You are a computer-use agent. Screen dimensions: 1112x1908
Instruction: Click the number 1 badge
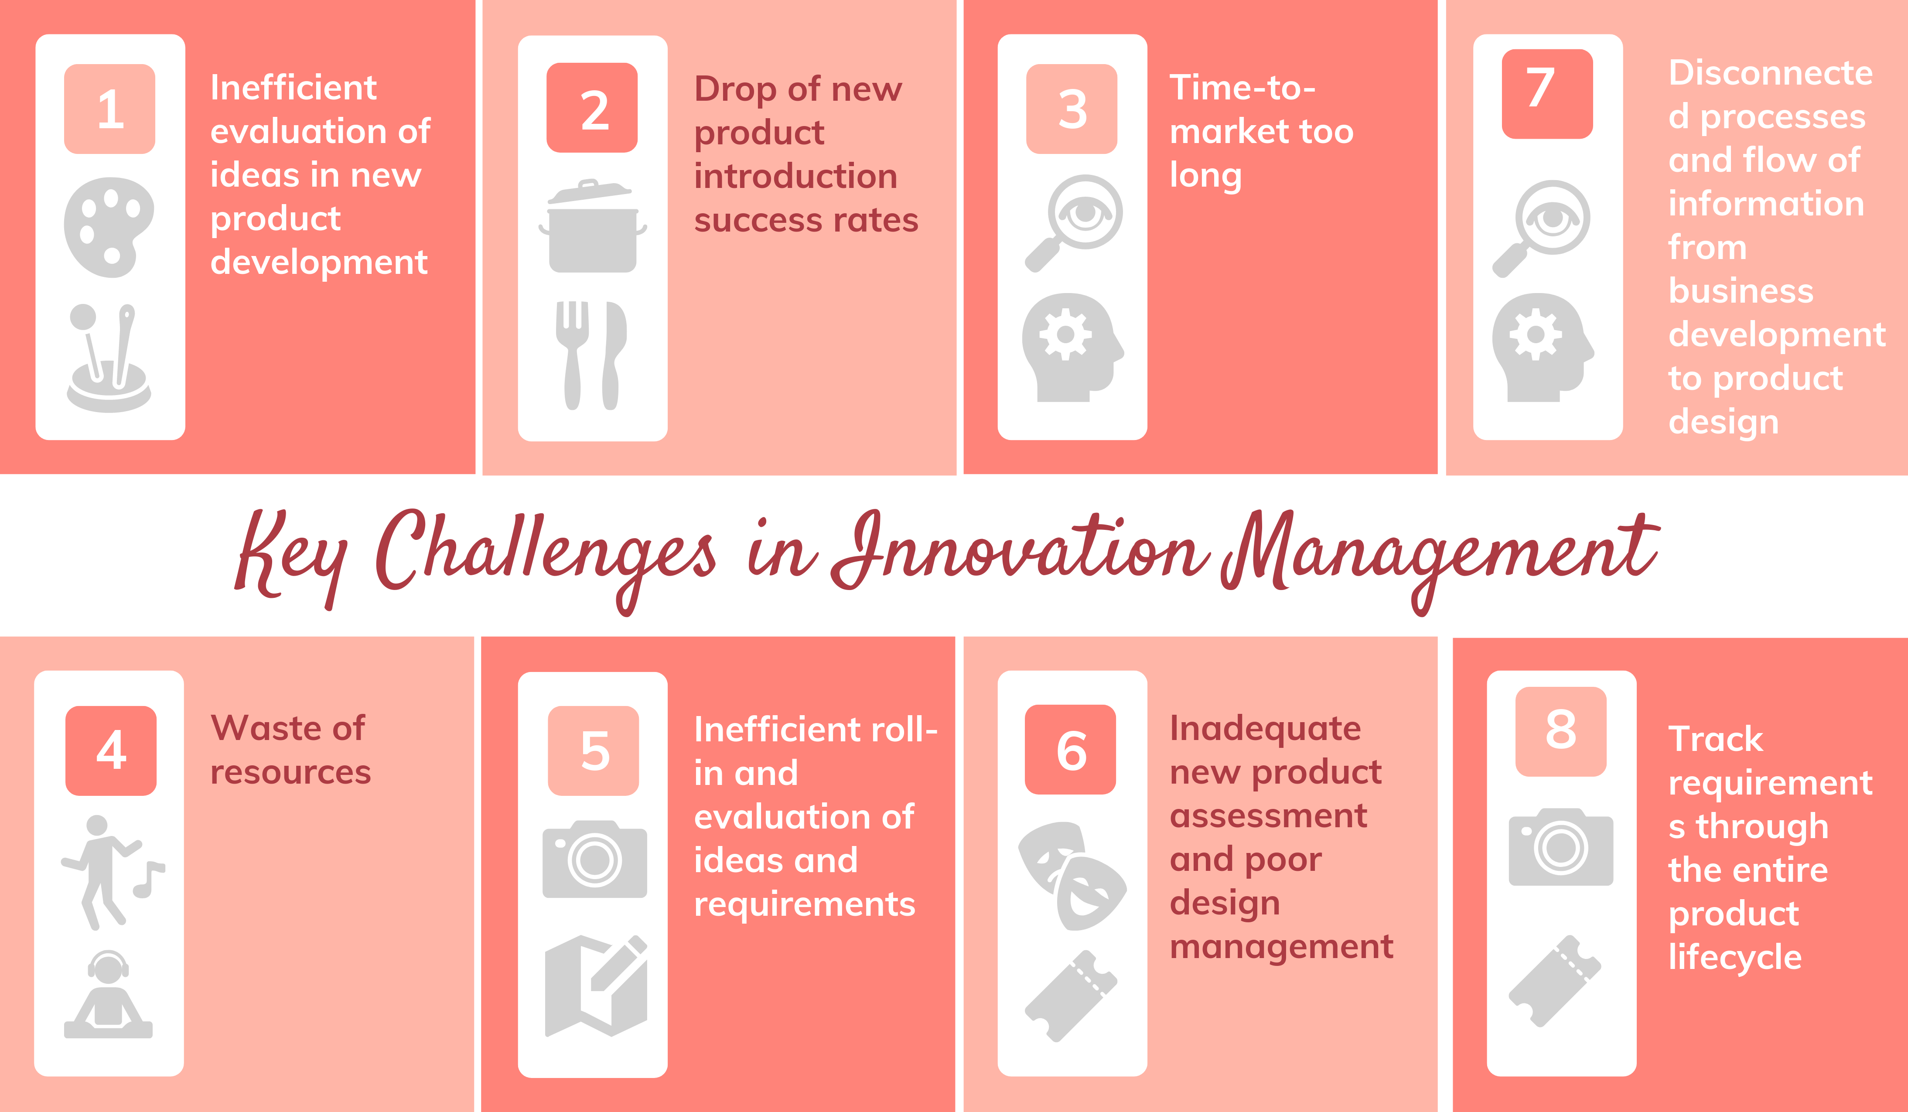click(x=110, y=109)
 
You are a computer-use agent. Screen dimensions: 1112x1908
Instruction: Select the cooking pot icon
click(x=592, y=227)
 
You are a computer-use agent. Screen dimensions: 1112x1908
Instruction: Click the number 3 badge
click(x=1072, y=109)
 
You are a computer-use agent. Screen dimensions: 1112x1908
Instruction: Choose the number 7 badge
click(x=1547, y=94)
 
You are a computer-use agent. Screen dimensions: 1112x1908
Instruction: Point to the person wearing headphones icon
click(x=108, y=994)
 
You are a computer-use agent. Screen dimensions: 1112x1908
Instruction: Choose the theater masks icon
click(x=1072, y=876)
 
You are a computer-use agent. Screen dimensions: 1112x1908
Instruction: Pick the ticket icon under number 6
click(x=1071, y=996)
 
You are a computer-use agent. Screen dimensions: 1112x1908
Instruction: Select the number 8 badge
click(x=1560, y=731)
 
